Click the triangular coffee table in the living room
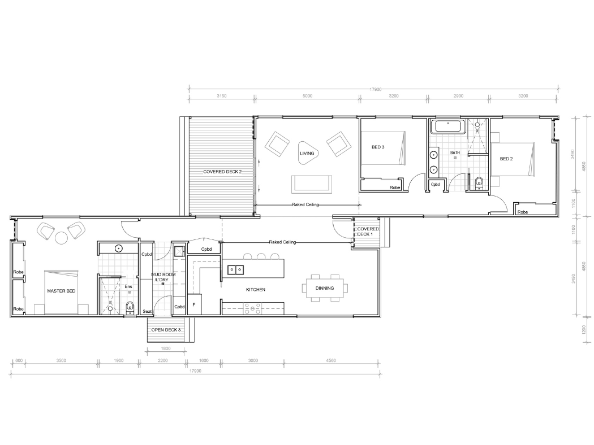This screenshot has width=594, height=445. pos(307,152)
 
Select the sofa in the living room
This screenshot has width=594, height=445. pos(312,184)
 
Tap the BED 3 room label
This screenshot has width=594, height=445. pos(378,147)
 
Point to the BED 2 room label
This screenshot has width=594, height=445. pos(506,159)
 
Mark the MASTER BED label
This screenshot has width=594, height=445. pos(61,291)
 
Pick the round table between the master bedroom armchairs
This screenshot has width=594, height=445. pos(61,238)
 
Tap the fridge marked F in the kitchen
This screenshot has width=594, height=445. pos(194,304)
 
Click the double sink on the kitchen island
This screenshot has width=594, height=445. pos(236,270)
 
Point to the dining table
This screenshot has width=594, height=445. pos(325,287)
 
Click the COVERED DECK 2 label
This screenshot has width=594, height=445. pos(223,171)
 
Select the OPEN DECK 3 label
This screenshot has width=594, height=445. pos(166,329)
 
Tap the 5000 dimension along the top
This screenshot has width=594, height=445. pos(307,96)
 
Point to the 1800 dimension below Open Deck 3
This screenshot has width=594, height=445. pos(166,348)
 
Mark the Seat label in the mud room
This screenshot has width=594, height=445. pos(147,311)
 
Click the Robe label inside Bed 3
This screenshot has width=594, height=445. pos(395,187)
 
